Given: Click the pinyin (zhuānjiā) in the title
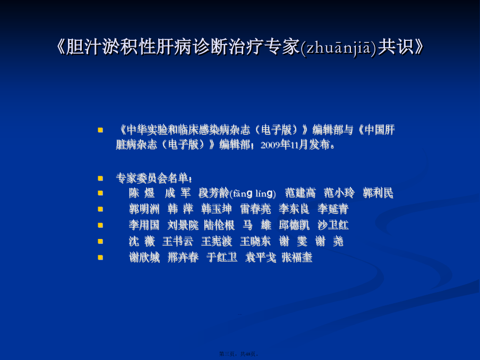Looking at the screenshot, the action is click(339, 48).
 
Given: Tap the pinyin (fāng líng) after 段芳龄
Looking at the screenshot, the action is click(253, 193).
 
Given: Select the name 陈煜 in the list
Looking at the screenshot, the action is click(142, 193).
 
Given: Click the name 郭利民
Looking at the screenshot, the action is click(378, 193).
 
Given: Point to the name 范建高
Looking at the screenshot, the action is click(301, 193).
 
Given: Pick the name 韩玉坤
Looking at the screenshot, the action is click(217, 209).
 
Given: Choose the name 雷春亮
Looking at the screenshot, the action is click(255, 209).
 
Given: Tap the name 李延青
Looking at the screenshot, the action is click(333, 209).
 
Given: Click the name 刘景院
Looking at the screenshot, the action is click(183, 225).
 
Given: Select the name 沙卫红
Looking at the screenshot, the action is click(333, 225).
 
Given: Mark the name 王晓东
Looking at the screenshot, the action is click(255, 241).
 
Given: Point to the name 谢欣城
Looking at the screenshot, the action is click(144, 258).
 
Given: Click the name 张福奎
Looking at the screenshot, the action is click(297, 258).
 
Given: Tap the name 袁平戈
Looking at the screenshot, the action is click(261, 258).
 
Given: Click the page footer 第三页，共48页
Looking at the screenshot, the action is click(239, 354).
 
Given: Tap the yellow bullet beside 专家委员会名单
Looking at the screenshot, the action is click(100, 178).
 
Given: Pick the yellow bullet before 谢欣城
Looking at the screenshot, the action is click(100, 258).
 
